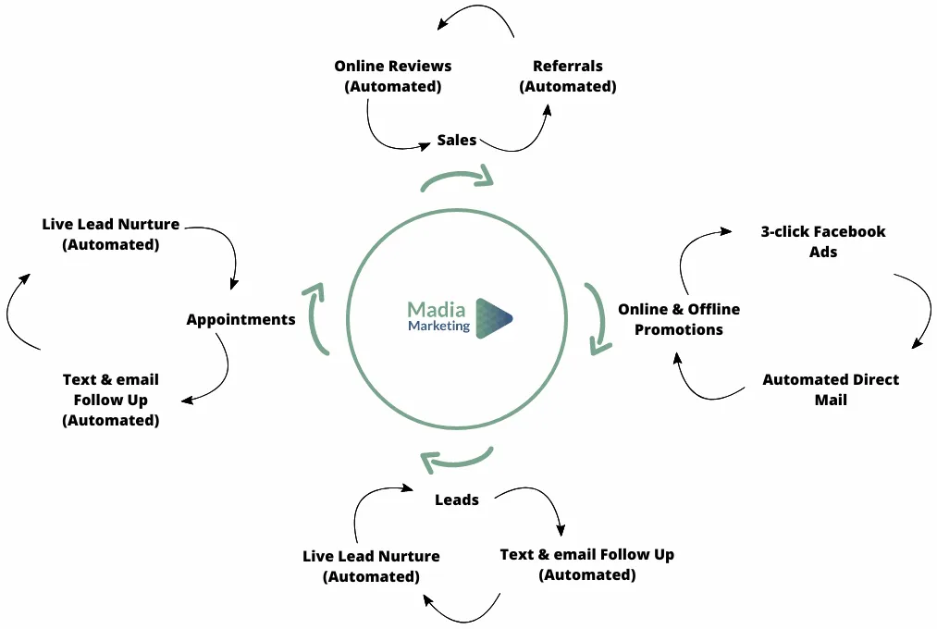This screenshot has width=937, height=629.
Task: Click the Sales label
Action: point(457,141)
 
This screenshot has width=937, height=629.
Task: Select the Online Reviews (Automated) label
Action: point(393,76)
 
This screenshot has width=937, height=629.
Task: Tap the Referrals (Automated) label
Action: point(568,76)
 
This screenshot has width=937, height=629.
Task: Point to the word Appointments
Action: point(240,319)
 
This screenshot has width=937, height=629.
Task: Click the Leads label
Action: point(457,499)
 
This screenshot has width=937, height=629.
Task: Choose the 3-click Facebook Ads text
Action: point(823,241)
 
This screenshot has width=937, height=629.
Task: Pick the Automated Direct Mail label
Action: point(831,389)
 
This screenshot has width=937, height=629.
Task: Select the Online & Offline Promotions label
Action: point(679,319)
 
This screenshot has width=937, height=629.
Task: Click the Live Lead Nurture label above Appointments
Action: point(111,234)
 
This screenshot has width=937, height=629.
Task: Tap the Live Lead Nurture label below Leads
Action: point(371,566)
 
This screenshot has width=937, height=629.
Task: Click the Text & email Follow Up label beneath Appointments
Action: point(111,400)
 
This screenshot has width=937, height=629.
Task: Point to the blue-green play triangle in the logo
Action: point(493,318)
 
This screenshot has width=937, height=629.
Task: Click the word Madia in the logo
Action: point(437,309)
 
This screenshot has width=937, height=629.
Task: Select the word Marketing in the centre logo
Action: point(438,326)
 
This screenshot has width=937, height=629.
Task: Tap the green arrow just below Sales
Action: point(457,179)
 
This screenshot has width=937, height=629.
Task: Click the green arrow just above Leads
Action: point(456,459)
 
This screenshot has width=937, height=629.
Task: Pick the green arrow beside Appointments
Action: point(316,318)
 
